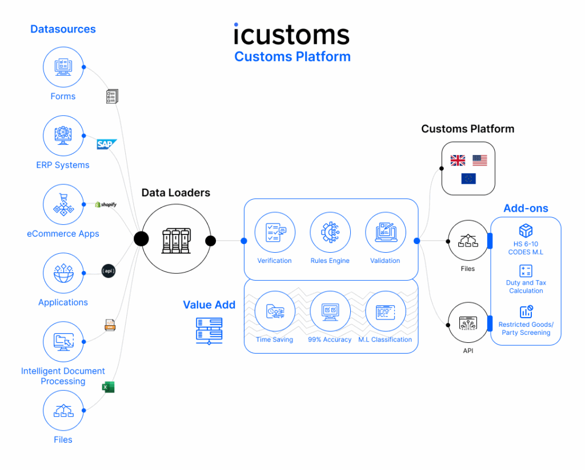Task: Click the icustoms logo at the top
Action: pyautogui.click(x=291, y=34)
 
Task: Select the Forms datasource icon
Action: pyautogui.click(x=63, y=67)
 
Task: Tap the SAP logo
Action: pyautogui.click(x=107, y=144)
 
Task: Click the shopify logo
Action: pyautogui.click(x=106, y=204)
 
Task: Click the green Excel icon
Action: pyautogui.click(x=108, y=387)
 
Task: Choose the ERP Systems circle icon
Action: pyautogui.click(x=63, y=136)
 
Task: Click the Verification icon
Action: pyautogui.click(x=274, y=232)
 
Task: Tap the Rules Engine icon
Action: pyautogui.click(x=330, y=232)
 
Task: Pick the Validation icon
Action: pyautogui.click(x=385, y=232)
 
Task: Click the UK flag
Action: pyautogui.click(x=458, y=160)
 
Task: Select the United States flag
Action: pyautogui.click(x=480, y=160)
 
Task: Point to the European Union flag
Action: pyautogui.click(x=468, y=179)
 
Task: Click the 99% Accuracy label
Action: pyautogui.click(x=330, y=339)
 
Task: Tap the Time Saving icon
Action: pyautogui.click(x=274, y=311)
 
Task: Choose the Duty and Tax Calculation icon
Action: pyautogui.click(x=526, y=271)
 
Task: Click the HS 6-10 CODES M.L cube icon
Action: pyautogui.click(x=526, y=231)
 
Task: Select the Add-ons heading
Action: pyautogui.click(x=526, y=208)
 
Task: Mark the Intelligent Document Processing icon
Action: pyautogui.click(x=63, y=342)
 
